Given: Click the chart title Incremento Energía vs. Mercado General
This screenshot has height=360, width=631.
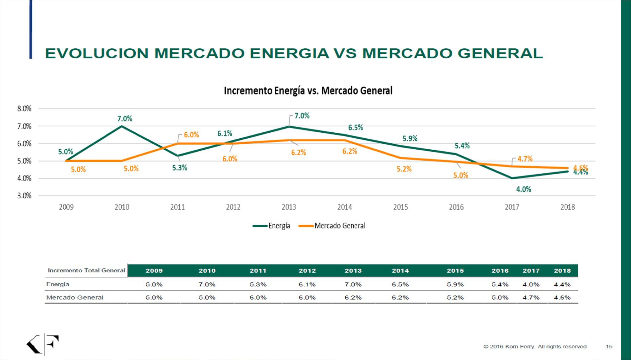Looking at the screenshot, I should coord(308,91).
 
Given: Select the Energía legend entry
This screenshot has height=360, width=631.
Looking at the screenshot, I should coord(272,226).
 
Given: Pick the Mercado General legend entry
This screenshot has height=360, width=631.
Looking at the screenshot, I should coord(332,226).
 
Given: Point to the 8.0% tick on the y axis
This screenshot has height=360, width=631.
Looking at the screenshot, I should coord(24,109).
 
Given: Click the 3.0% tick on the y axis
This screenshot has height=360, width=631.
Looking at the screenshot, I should coord(24,196).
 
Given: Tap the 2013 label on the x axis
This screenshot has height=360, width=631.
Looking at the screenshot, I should coord(289,207).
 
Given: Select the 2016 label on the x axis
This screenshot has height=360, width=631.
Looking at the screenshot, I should coord(456,207).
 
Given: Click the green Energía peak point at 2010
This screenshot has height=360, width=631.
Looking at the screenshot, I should coord(122,126).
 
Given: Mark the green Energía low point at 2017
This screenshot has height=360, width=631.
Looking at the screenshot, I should coord(512,178).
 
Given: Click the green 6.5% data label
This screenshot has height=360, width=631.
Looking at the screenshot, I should coord(355,128).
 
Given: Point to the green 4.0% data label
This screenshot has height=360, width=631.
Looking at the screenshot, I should coord(523,189).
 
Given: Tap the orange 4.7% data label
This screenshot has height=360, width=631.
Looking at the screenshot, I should coord(525,159).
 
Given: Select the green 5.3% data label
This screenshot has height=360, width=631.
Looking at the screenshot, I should coord(179,168).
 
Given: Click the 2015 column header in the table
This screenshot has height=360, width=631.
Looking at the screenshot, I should coord(455,271).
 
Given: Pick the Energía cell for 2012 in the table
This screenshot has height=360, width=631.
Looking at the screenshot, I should coord(307,285).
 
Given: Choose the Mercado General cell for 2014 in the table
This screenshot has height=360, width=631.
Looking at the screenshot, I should coord(400,298).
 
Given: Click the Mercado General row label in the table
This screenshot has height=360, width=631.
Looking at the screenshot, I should coord(75,298).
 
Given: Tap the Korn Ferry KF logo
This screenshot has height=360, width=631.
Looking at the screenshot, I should coord(42,344).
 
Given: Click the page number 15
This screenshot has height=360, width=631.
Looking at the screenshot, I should coord(609,347).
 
